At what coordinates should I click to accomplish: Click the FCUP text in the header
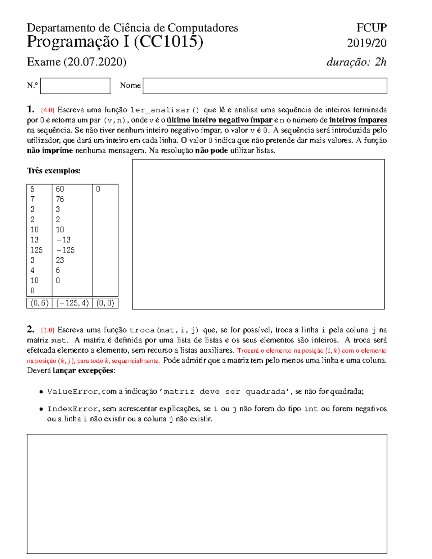coord(371,28)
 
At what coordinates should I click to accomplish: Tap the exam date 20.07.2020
coord(95,62)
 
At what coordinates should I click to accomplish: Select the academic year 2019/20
coord(366,43)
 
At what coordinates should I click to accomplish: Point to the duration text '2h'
coord(381,62)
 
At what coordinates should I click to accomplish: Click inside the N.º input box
coord(75,86)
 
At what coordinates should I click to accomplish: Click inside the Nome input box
coord(265,86)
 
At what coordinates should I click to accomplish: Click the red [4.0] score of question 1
coord(48,110)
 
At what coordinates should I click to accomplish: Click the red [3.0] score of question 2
coord(48,330)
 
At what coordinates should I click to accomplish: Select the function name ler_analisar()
coord(165,110)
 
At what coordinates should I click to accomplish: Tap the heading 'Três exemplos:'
coord(54,171)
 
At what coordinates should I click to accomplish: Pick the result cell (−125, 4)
coord(72,303)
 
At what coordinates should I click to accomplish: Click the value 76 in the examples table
coord(60,199)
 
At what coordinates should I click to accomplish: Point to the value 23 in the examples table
coord(60,260)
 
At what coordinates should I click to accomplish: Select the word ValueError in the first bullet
coord(72,392)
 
